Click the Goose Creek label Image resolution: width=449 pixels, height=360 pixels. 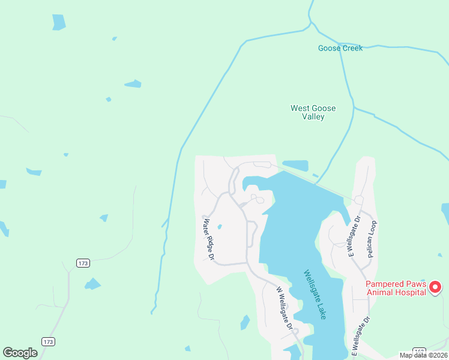coord(340,48)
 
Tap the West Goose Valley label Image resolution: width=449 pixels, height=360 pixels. coord(313,112)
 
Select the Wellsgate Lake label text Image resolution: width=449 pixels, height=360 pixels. coord(315,294)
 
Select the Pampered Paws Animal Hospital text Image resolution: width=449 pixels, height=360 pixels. coord(396,288)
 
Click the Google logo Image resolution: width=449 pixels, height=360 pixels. coord(20,352)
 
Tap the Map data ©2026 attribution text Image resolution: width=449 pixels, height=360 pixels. coord(423,355)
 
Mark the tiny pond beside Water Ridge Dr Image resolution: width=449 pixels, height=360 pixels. coord(219,226)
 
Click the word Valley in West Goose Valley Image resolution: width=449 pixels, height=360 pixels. coord(313,117)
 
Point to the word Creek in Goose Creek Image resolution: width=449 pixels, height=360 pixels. coord(352,48)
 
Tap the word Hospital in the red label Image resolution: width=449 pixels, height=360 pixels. coord(411,292)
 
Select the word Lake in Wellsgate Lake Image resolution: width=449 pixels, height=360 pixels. coord(321,311)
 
